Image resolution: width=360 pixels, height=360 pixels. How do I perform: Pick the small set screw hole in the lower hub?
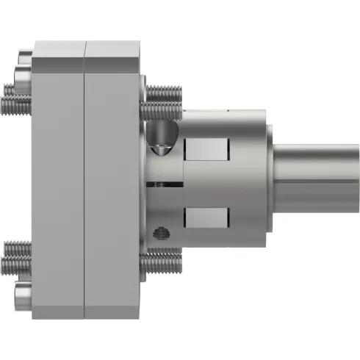(x=157, y=233)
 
